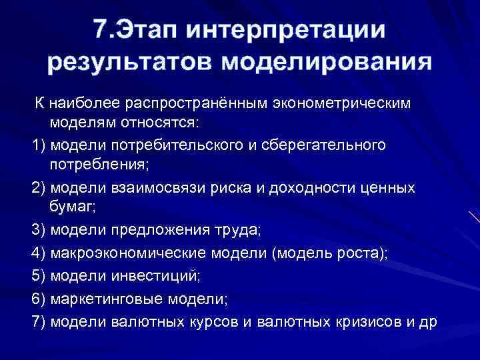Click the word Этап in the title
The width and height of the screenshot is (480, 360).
[x=153, y=30]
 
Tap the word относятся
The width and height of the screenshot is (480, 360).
[x=171, y=123]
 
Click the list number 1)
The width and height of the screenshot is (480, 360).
[x=38, y=145]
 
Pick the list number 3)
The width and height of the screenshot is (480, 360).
[x=39, y=230]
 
